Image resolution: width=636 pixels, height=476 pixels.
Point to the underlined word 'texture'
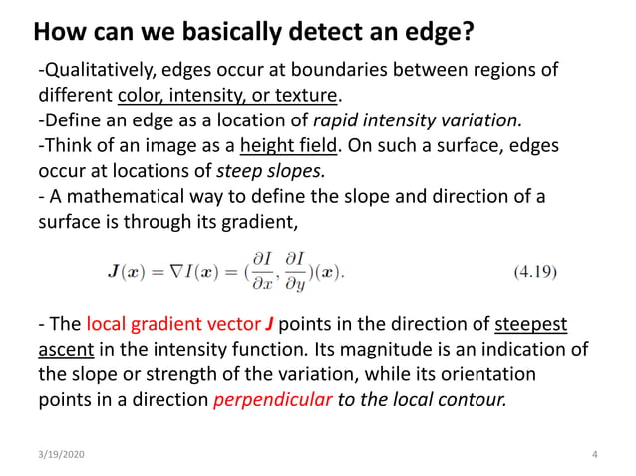307,97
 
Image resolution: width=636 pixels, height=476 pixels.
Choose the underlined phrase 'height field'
289,146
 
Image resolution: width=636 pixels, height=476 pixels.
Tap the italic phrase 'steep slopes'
261,170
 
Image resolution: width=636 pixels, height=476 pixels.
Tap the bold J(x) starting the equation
127,270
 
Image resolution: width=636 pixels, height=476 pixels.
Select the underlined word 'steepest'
533,325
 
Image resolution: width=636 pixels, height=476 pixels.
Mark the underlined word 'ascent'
62,350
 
